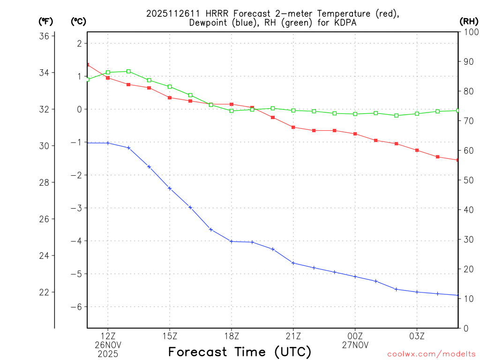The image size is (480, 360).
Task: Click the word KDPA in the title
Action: (x=344, y=22)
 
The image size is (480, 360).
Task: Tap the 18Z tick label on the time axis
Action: (x=232, y=336)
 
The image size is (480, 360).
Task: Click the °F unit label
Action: (x=45, y=21)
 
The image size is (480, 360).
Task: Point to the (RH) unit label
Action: (x=468, y=21)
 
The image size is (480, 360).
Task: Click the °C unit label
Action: (x=78, y=21)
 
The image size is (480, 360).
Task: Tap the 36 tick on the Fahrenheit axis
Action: (x=45, y=36)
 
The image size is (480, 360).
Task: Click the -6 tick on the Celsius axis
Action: (x=76, y=307)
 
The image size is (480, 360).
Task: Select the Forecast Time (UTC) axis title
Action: (x=240, y=352)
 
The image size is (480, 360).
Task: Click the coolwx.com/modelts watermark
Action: (x=431, y=354)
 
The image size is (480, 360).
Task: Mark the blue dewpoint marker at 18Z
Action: (x=232, y=241)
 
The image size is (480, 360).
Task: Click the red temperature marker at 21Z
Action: (x=293, y=127)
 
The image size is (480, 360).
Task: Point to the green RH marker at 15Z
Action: (x=170, y=87)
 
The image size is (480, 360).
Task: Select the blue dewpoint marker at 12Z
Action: (x=108, y=143)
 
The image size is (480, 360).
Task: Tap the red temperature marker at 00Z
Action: (x=355, y=134)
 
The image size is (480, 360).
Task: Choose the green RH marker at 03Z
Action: (x=417, y=113)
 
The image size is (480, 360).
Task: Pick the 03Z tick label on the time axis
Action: (x=417, y=336)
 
